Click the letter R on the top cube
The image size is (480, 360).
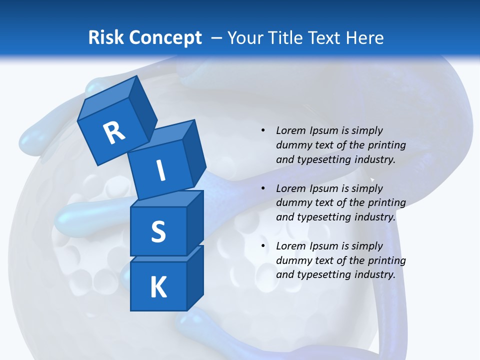click(x=114, y=133)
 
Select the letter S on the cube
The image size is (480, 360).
click(x=158, y=231)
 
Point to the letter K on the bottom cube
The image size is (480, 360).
click(x=158, y=287)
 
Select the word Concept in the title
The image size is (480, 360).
click(x=164, y=38)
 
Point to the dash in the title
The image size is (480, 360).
click(x=216, y=38)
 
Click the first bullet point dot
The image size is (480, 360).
click(x=263, y=130)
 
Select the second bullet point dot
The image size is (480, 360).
click(x=263, y=188)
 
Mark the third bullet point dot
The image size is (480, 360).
click(x=263, y=246)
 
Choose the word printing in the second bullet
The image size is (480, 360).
click(x=386, y=203)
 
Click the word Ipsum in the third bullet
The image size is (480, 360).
click(x=323, y=246)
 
